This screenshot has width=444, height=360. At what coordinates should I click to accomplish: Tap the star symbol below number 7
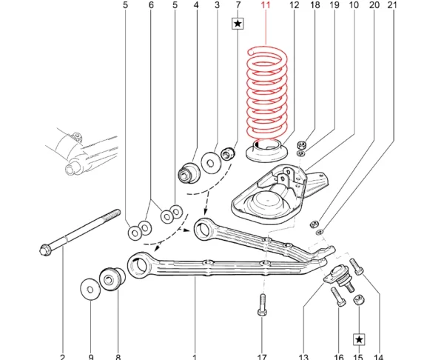(x=238, y=24)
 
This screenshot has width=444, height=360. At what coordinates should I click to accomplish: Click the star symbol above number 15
(x=360, y=339)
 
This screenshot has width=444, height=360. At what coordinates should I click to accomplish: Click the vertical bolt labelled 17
(x=262, y=304)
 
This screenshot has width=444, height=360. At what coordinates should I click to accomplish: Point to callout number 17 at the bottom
(x=262, y=356)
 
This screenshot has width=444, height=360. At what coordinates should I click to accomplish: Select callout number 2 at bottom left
(x=62, y=356)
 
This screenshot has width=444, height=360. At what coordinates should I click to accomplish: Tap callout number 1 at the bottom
(x=195, y=356)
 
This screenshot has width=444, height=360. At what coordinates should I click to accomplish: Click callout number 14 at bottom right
(x=379, y=356)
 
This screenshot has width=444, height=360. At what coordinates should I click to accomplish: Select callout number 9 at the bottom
(x=91, y=356)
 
